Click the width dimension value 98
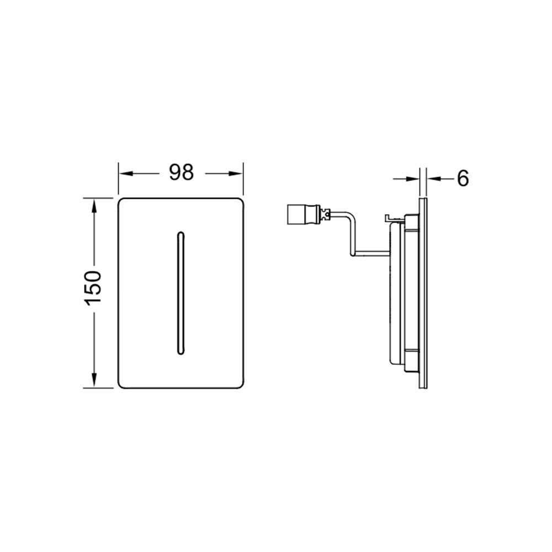pos(181,173)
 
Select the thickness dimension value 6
pos(463,178)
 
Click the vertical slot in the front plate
pos(181,293)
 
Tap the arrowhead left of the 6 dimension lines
pos(412,179)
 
